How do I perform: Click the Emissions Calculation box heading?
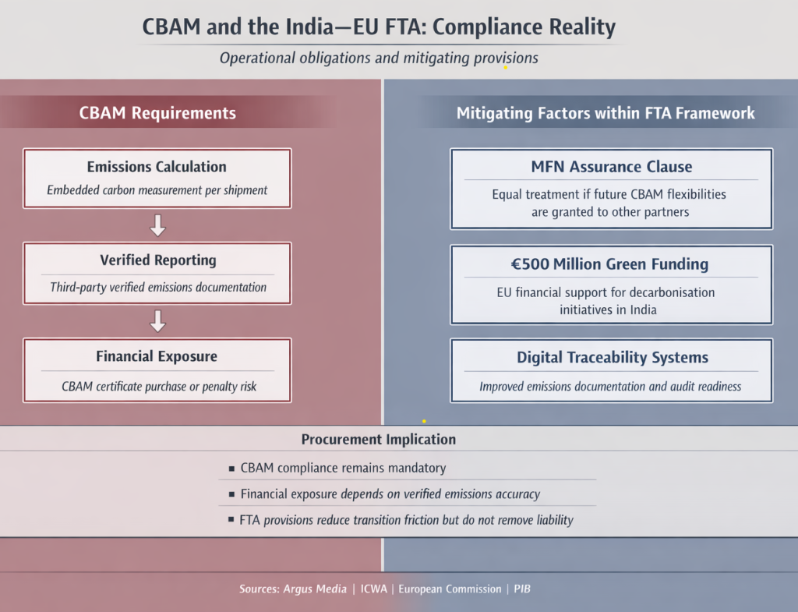157,167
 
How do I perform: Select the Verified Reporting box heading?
157,260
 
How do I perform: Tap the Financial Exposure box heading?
157,356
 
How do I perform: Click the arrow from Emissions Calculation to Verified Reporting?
157,226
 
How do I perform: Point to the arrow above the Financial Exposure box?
157,320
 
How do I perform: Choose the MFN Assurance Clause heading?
611,167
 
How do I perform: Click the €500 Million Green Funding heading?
611,264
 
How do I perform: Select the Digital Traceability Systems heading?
612,358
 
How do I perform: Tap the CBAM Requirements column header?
157,113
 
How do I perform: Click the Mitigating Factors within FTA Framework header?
606,113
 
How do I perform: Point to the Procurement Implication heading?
378,439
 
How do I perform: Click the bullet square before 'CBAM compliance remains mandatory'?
231,469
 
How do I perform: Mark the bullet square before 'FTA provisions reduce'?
231,519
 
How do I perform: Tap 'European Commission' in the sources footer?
450,589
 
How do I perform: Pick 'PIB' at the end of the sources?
522,589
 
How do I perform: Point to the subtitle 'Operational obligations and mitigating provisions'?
379,58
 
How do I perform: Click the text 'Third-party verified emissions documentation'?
158,287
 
